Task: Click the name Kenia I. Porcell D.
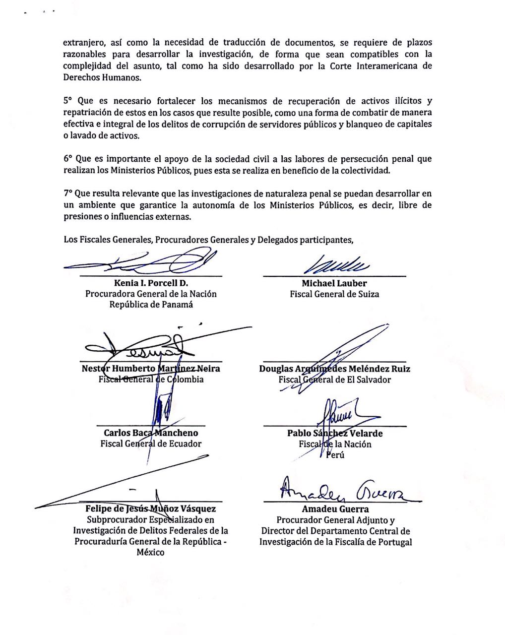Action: (151, 283)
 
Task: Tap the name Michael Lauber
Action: (334, 283)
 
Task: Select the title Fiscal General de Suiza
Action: (334, 294)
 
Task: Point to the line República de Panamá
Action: (151, 305)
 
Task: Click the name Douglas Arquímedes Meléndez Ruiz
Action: (334, 369)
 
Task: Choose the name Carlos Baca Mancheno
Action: (151, 433)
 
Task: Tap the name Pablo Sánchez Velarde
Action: (334, 433)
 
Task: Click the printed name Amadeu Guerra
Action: (335, 508)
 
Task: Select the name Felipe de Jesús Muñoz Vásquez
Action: (151, 508)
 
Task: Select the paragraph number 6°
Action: (68, 159)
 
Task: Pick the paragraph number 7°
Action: (68, 193)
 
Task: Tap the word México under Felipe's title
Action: (151, 552)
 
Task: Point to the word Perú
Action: (335, 455)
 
